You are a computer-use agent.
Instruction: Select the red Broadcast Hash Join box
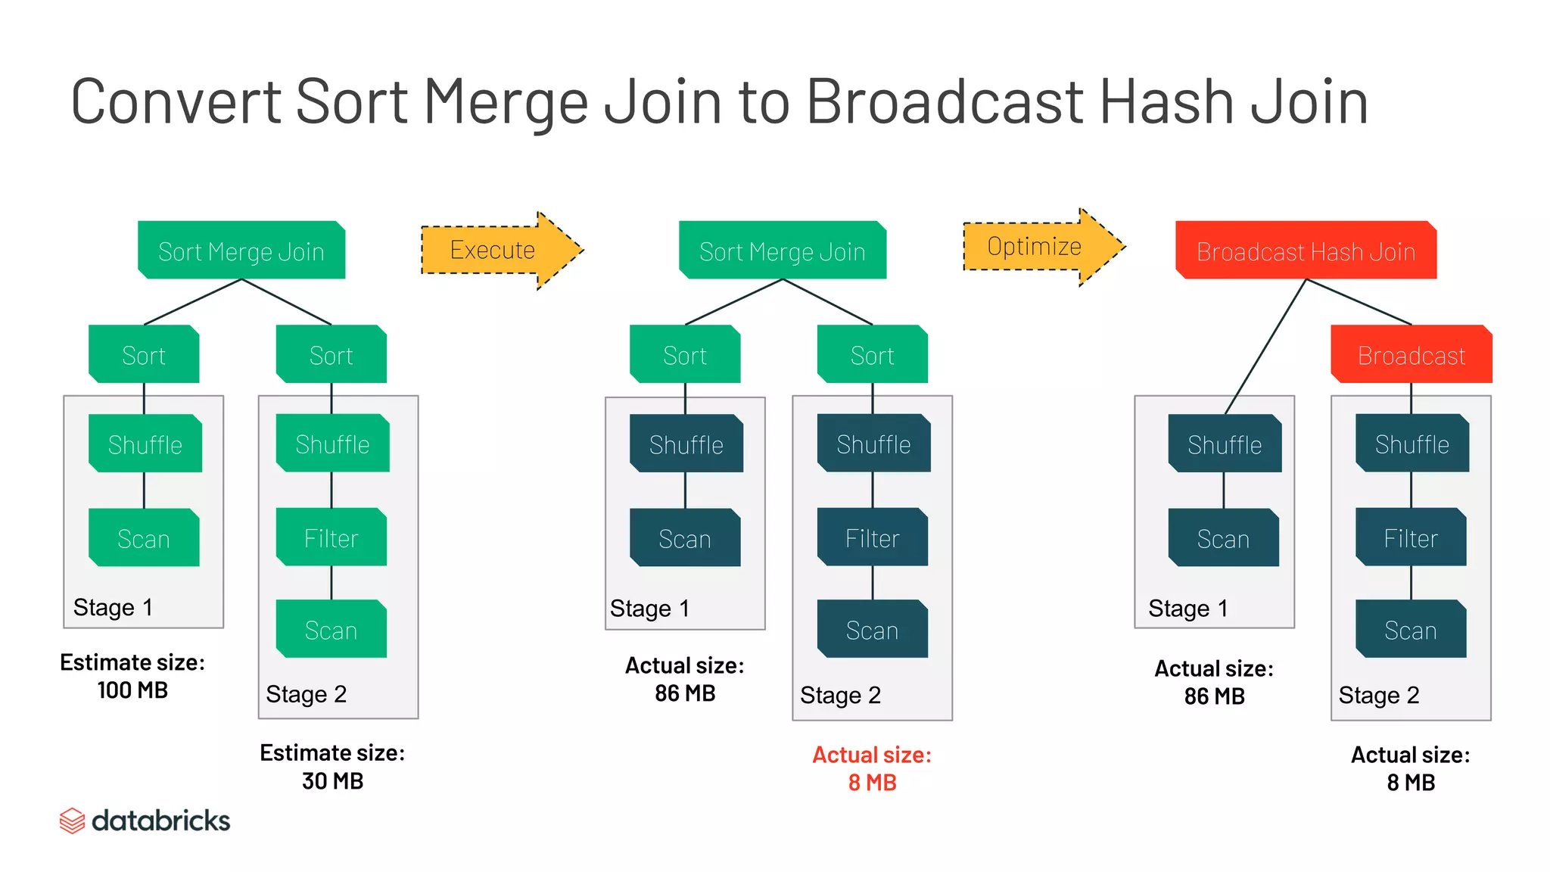point(1306,251)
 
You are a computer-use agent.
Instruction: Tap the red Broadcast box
point(1411,354)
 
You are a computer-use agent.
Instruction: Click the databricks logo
point(145,821)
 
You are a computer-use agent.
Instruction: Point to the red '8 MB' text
point(872,783)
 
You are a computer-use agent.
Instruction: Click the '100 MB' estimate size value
point(132,690)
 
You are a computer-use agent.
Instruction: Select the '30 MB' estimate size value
point(332,781)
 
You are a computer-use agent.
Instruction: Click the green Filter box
point(331,538)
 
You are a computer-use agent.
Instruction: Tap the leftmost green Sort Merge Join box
point(241,251)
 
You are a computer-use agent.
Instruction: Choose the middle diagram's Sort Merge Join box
point(783,251)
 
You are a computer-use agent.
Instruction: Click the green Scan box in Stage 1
point(144,538)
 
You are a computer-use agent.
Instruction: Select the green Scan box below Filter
point(331,630)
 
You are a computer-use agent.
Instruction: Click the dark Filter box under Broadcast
point(1411,538)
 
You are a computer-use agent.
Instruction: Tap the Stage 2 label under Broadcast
point(1378,695)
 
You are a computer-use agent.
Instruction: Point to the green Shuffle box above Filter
point(332,444)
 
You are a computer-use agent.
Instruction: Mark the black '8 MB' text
point(1411,783)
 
